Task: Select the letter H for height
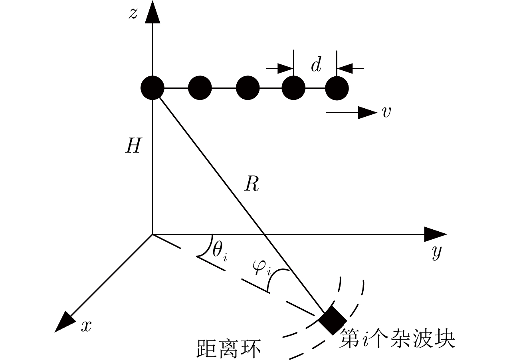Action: pyautogui.click(x=133, y=147)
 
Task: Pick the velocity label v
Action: pyautogui.click(x=386, y=113)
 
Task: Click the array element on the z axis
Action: pyautogui.click(x=153, y=88)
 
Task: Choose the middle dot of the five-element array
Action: pyautogui.click(x=248, y=88)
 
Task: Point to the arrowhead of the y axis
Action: pyautogui.click(x=435, y=234)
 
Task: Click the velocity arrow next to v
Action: pyautogui.click(x=351, y=113)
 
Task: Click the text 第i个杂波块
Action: pyautogui.click(x=397, y=340)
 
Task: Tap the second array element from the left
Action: pyautogui.click(x=200, y=88)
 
